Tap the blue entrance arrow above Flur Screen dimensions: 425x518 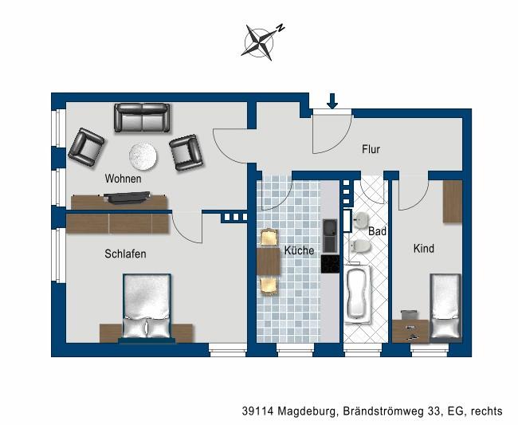[332, 100]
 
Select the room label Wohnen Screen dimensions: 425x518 [123, 179]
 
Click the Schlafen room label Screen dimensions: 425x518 [125, 254]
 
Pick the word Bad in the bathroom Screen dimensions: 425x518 [377, 231]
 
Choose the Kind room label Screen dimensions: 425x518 [423, 249]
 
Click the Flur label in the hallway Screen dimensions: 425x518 [371, 149]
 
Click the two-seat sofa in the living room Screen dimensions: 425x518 [142, 118]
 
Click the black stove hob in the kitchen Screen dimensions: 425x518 [330, 264]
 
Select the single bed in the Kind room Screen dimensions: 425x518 [445, 307]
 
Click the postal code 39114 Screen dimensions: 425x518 [257, 411]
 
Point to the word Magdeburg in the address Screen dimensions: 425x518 [309, 411]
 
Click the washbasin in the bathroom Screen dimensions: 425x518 [360, 221]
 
